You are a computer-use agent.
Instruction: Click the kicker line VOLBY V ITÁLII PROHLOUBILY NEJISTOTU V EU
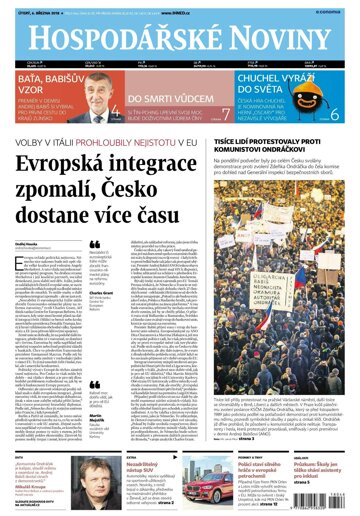tap(134, 139)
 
